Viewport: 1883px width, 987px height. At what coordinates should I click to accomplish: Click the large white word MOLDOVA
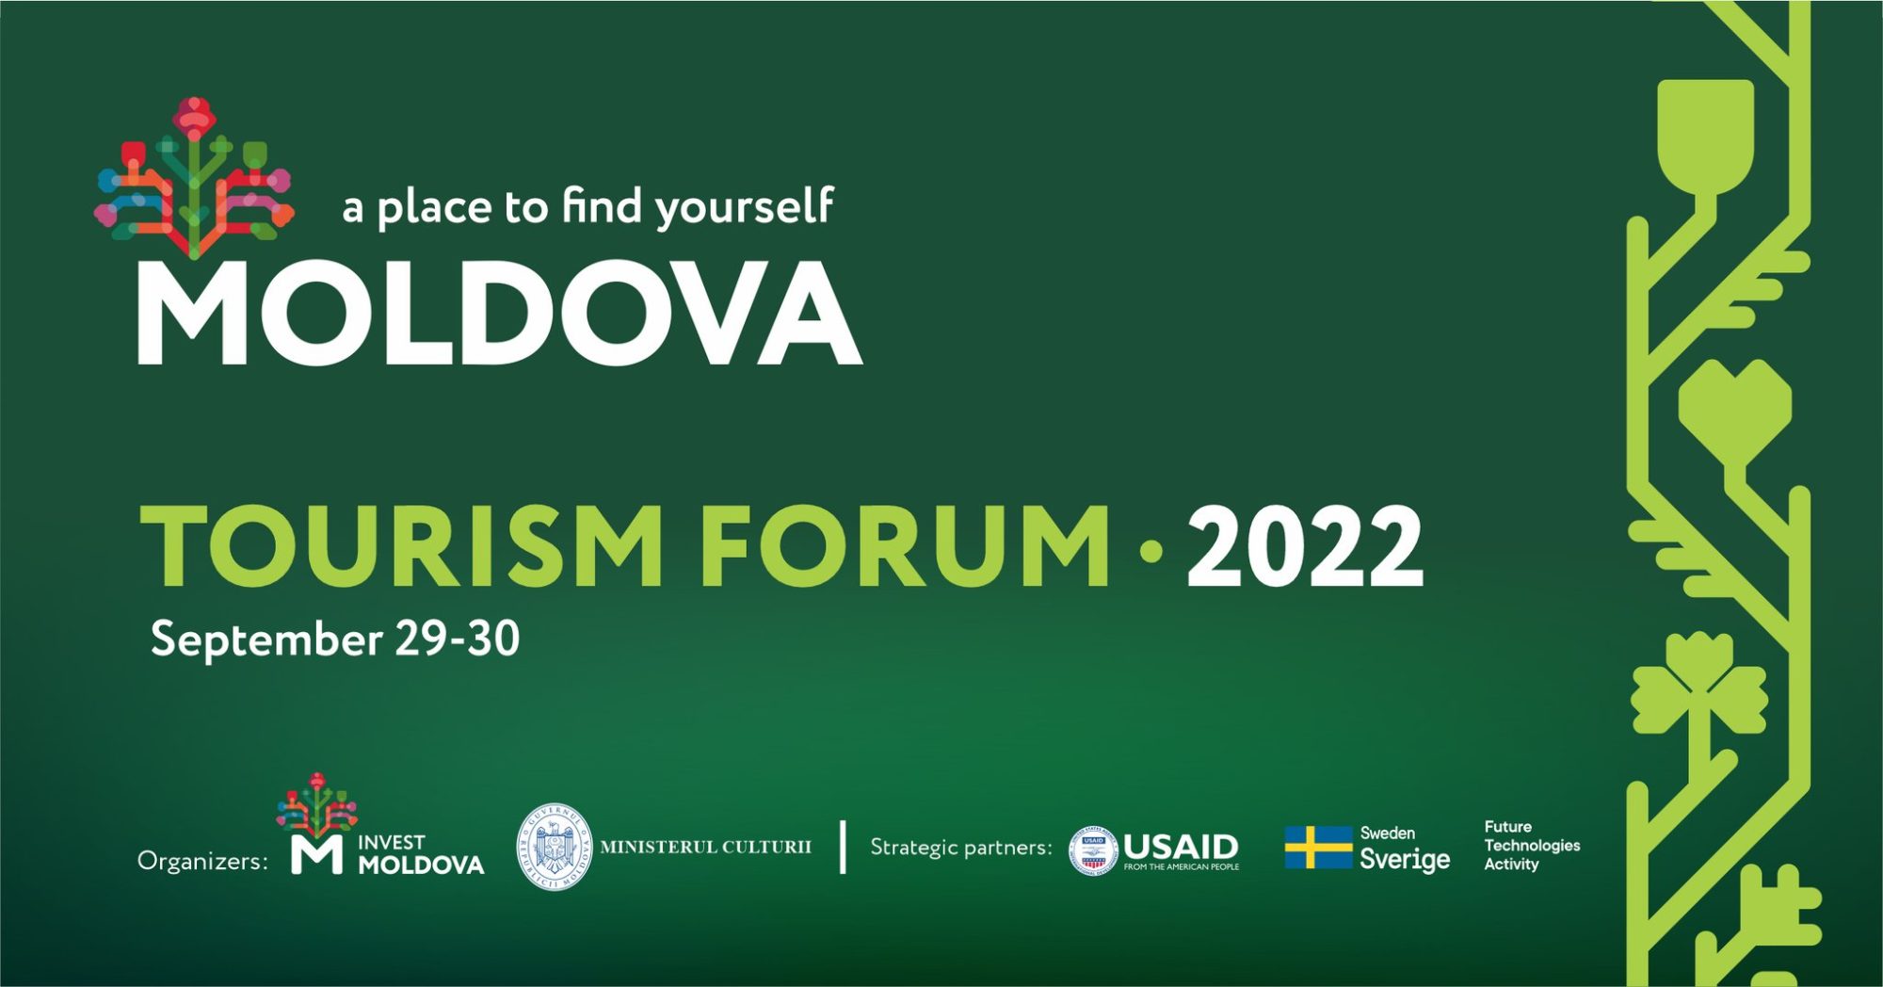[499, 313]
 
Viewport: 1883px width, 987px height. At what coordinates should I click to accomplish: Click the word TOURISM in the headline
[401, 546]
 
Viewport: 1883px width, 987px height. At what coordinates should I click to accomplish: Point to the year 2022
[1305, 546]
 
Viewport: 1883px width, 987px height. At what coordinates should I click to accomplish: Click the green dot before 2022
[1150, 552]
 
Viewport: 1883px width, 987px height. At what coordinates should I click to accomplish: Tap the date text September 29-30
[335, 639]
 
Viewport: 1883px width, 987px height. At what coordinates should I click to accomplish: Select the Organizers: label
[202, 861]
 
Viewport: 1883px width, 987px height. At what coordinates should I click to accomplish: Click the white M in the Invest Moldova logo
[316, 853]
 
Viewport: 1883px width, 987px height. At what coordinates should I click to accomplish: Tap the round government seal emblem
[555, 847]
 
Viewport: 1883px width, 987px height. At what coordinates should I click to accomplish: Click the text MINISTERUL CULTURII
[705, 847]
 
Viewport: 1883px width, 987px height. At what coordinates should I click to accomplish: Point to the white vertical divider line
[843, 847]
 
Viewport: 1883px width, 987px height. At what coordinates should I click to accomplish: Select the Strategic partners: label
[961, 847]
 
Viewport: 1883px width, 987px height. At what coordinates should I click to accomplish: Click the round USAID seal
[1093, 850]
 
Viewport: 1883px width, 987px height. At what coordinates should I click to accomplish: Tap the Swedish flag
[1318, 847]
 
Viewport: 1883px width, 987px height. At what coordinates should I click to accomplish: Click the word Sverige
[1405, 859]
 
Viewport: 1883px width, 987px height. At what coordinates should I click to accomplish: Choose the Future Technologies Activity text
[1532, 845]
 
